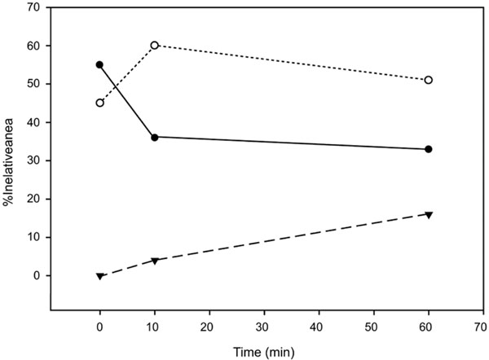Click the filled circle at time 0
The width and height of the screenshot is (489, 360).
pos(100,64)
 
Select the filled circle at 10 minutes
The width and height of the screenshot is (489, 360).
pos(155,137)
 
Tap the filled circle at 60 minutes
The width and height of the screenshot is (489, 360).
pos(429,149)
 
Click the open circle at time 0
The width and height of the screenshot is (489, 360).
pos(100,103)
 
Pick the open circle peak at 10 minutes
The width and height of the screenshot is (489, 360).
pos(155,45)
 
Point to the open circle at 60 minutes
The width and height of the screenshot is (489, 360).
pos(429,80)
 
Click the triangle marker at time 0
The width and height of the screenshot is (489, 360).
pos(100,276)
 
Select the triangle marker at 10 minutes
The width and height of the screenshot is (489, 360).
pos(155,261)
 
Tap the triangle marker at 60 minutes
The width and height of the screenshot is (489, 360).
pos(429,214)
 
